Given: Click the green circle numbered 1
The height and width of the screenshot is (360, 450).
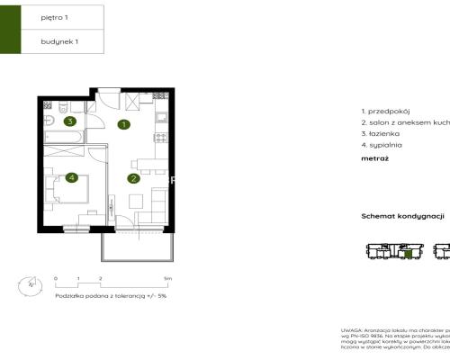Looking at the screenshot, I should (124, 125).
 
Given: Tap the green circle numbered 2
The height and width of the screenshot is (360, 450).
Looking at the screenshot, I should (133, 178).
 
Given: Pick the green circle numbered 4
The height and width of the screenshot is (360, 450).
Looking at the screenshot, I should (70, 178).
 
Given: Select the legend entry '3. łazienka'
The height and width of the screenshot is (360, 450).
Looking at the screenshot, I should (377, 132).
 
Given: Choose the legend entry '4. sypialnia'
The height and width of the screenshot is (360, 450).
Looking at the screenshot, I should (380, 144).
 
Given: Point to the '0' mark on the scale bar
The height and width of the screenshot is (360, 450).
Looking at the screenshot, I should (56, 280).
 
